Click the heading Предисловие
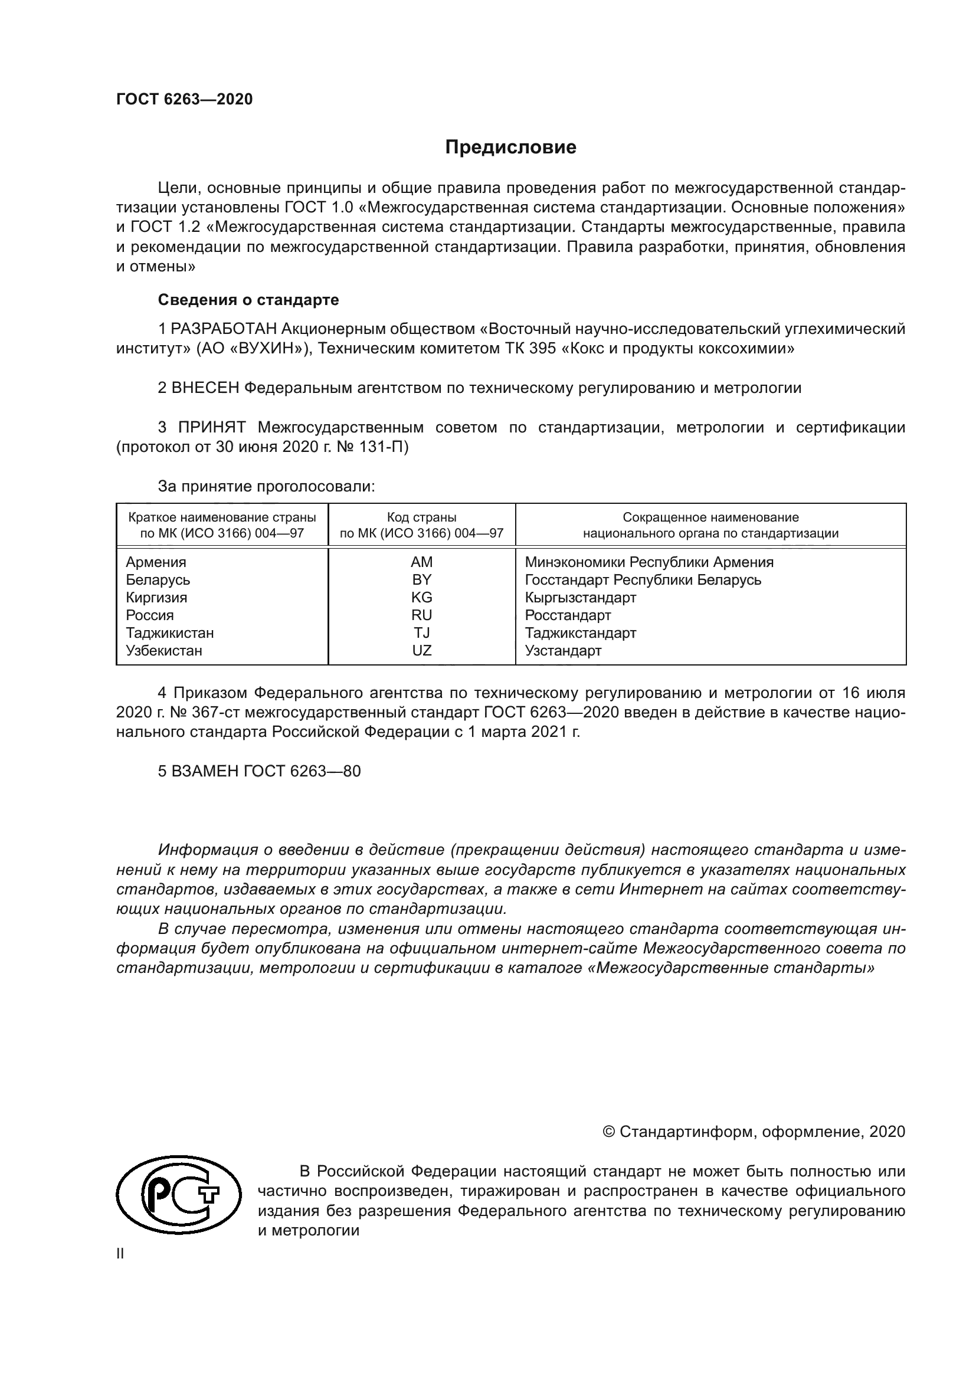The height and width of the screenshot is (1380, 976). click(x=510, y=147)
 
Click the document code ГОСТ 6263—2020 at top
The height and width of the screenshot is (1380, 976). click(x=185, y=99)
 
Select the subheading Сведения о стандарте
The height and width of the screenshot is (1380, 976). click(x=248, y=299)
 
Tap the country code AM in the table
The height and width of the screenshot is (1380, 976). click(x=421, y=562)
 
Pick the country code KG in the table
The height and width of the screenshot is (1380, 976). click(x=421, y=598)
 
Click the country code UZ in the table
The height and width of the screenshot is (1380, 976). click(x=421, y=650)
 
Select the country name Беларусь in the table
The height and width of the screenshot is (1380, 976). click(x=158, y=580)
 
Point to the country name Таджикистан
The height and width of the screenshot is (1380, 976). click(x=169, y=633)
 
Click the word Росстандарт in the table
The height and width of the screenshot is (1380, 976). click(x=567, y=615)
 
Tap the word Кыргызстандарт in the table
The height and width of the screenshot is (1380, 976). click(x=580, y=598)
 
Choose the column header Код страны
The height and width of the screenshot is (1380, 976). click(x=421, y=517)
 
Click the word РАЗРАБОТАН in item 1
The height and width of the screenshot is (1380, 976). click(x=224, y=329)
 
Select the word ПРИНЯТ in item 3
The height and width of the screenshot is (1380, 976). click(x=212, y=427)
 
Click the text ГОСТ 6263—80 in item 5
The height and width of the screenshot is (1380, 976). click(x=302, y=771)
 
